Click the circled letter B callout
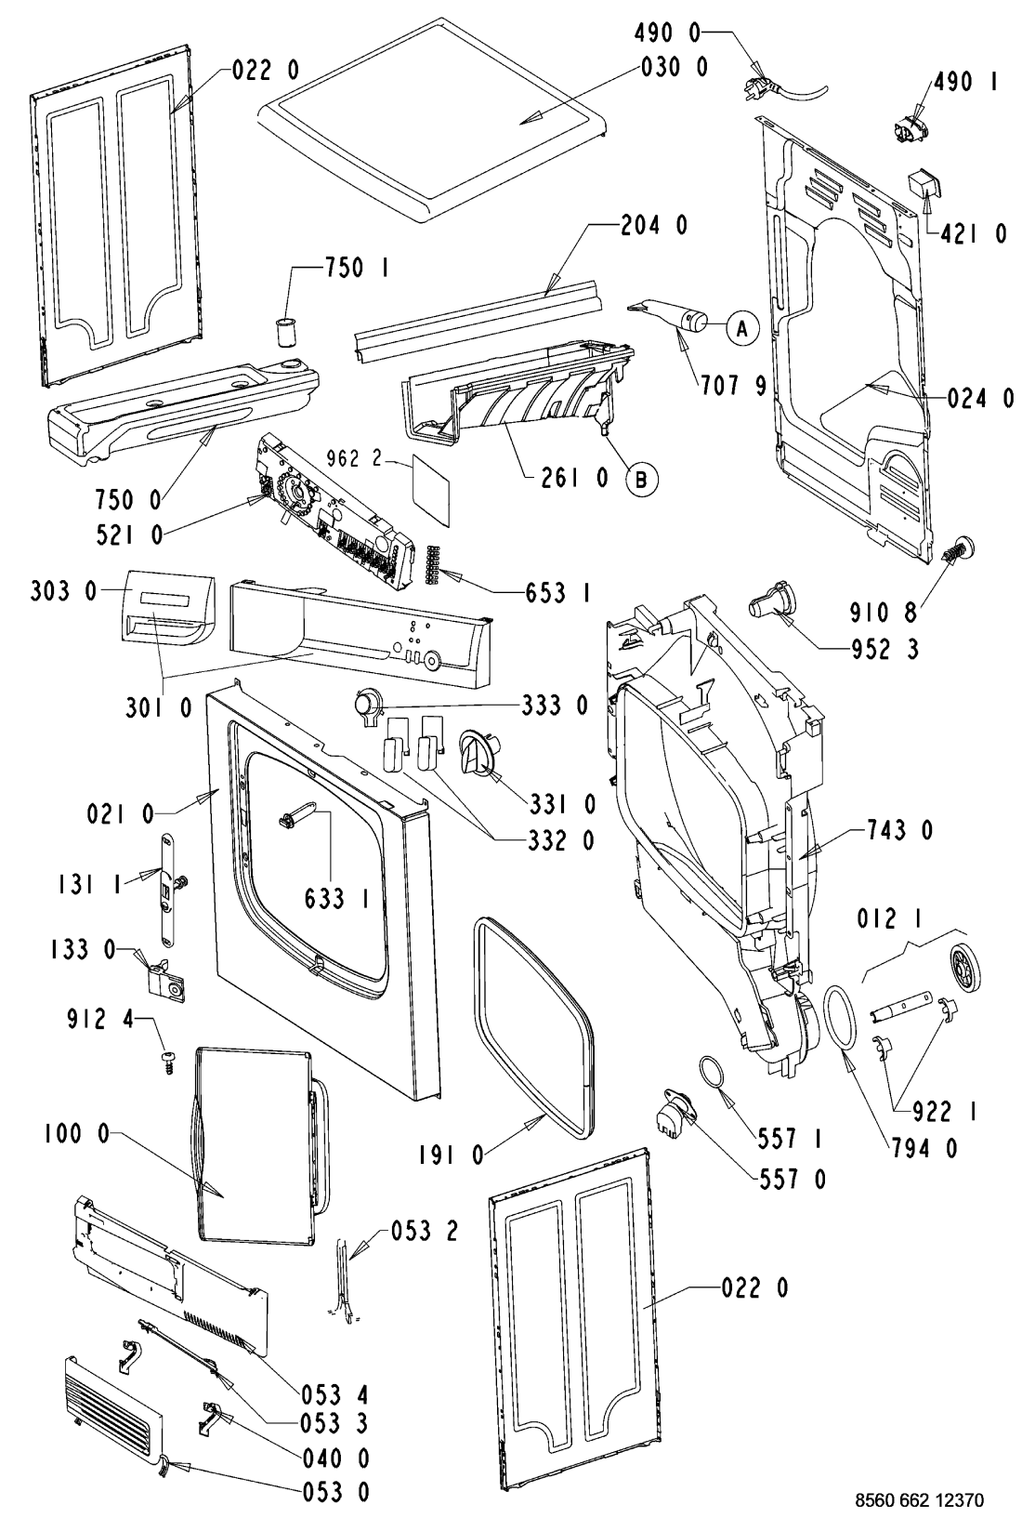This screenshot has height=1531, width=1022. [x=640, y=479]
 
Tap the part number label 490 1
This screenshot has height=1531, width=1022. [x=962, y=83]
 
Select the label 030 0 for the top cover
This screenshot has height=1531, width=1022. [x=674, y=67]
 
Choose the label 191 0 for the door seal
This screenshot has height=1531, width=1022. [x=452, y=1155]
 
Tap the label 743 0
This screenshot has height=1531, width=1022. [x=900, y=830]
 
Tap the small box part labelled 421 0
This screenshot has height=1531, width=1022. [x=922, y=185]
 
